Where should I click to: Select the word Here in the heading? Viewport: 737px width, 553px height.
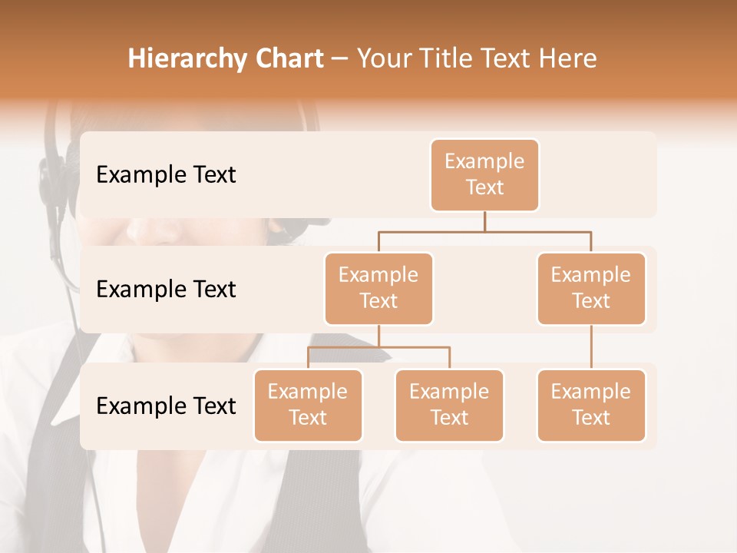567,59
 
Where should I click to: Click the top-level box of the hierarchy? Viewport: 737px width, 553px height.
484,175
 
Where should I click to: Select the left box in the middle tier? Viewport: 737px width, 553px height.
378,289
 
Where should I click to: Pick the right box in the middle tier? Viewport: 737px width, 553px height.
591,289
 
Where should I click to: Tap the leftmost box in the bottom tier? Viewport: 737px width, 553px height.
308,406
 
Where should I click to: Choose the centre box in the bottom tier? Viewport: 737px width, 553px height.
449,406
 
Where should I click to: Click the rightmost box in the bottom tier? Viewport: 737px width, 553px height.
591,406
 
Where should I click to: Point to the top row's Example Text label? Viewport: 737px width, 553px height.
166,175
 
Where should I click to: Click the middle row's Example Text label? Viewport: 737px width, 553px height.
166,290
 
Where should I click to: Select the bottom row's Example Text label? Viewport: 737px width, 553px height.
166,406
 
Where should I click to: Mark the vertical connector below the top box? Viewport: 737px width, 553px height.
484,221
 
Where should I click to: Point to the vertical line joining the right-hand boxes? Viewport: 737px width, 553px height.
591,347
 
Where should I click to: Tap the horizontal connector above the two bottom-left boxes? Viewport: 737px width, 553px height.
378,347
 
